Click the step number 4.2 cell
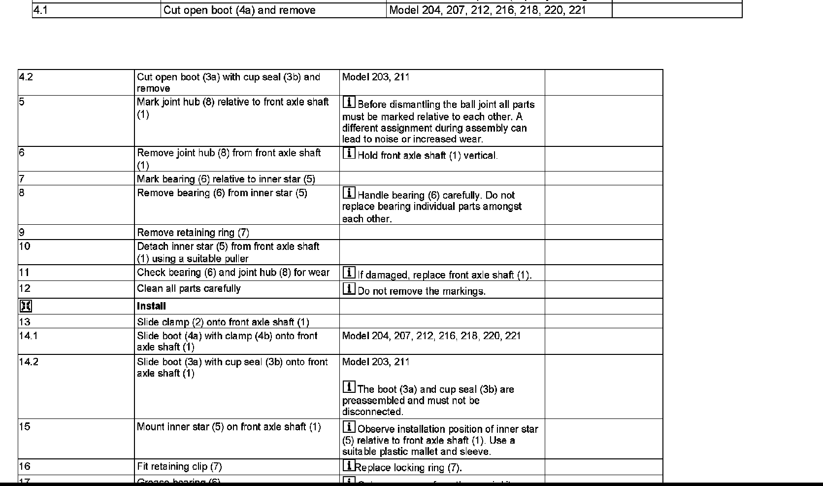(x=26, y=77)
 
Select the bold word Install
(x=151, y=306)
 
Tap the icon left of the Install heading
(x=25, y=307)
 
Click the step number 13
(x=25, y=322)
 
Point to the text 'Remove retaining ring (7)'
(x=193, y=233)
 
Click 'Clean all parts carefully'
(x=189, y=289)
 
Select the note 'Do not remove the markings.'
(x=422, y=291)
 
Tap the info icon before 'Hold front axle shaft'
(x=349, y=153)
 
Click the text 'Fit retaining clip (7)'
(x=179, y=467)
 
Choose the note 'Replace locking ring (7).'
(x=408, y=468)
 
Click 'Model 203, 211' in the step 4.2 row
(x=375, y=77)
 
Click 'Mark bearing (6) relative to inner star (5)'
(x=226, y=179)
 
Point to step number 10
(x=25, y=246)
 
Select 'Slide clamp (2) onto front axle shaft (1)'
(x=223, y=322)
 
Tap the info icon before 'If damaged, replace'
(x=349, y=272)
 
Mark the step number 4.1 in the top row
(x=41, y=10)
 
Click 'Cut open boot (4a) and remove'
(x=239, y=10)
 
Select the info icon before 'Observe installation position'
(x=349, y=426)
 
